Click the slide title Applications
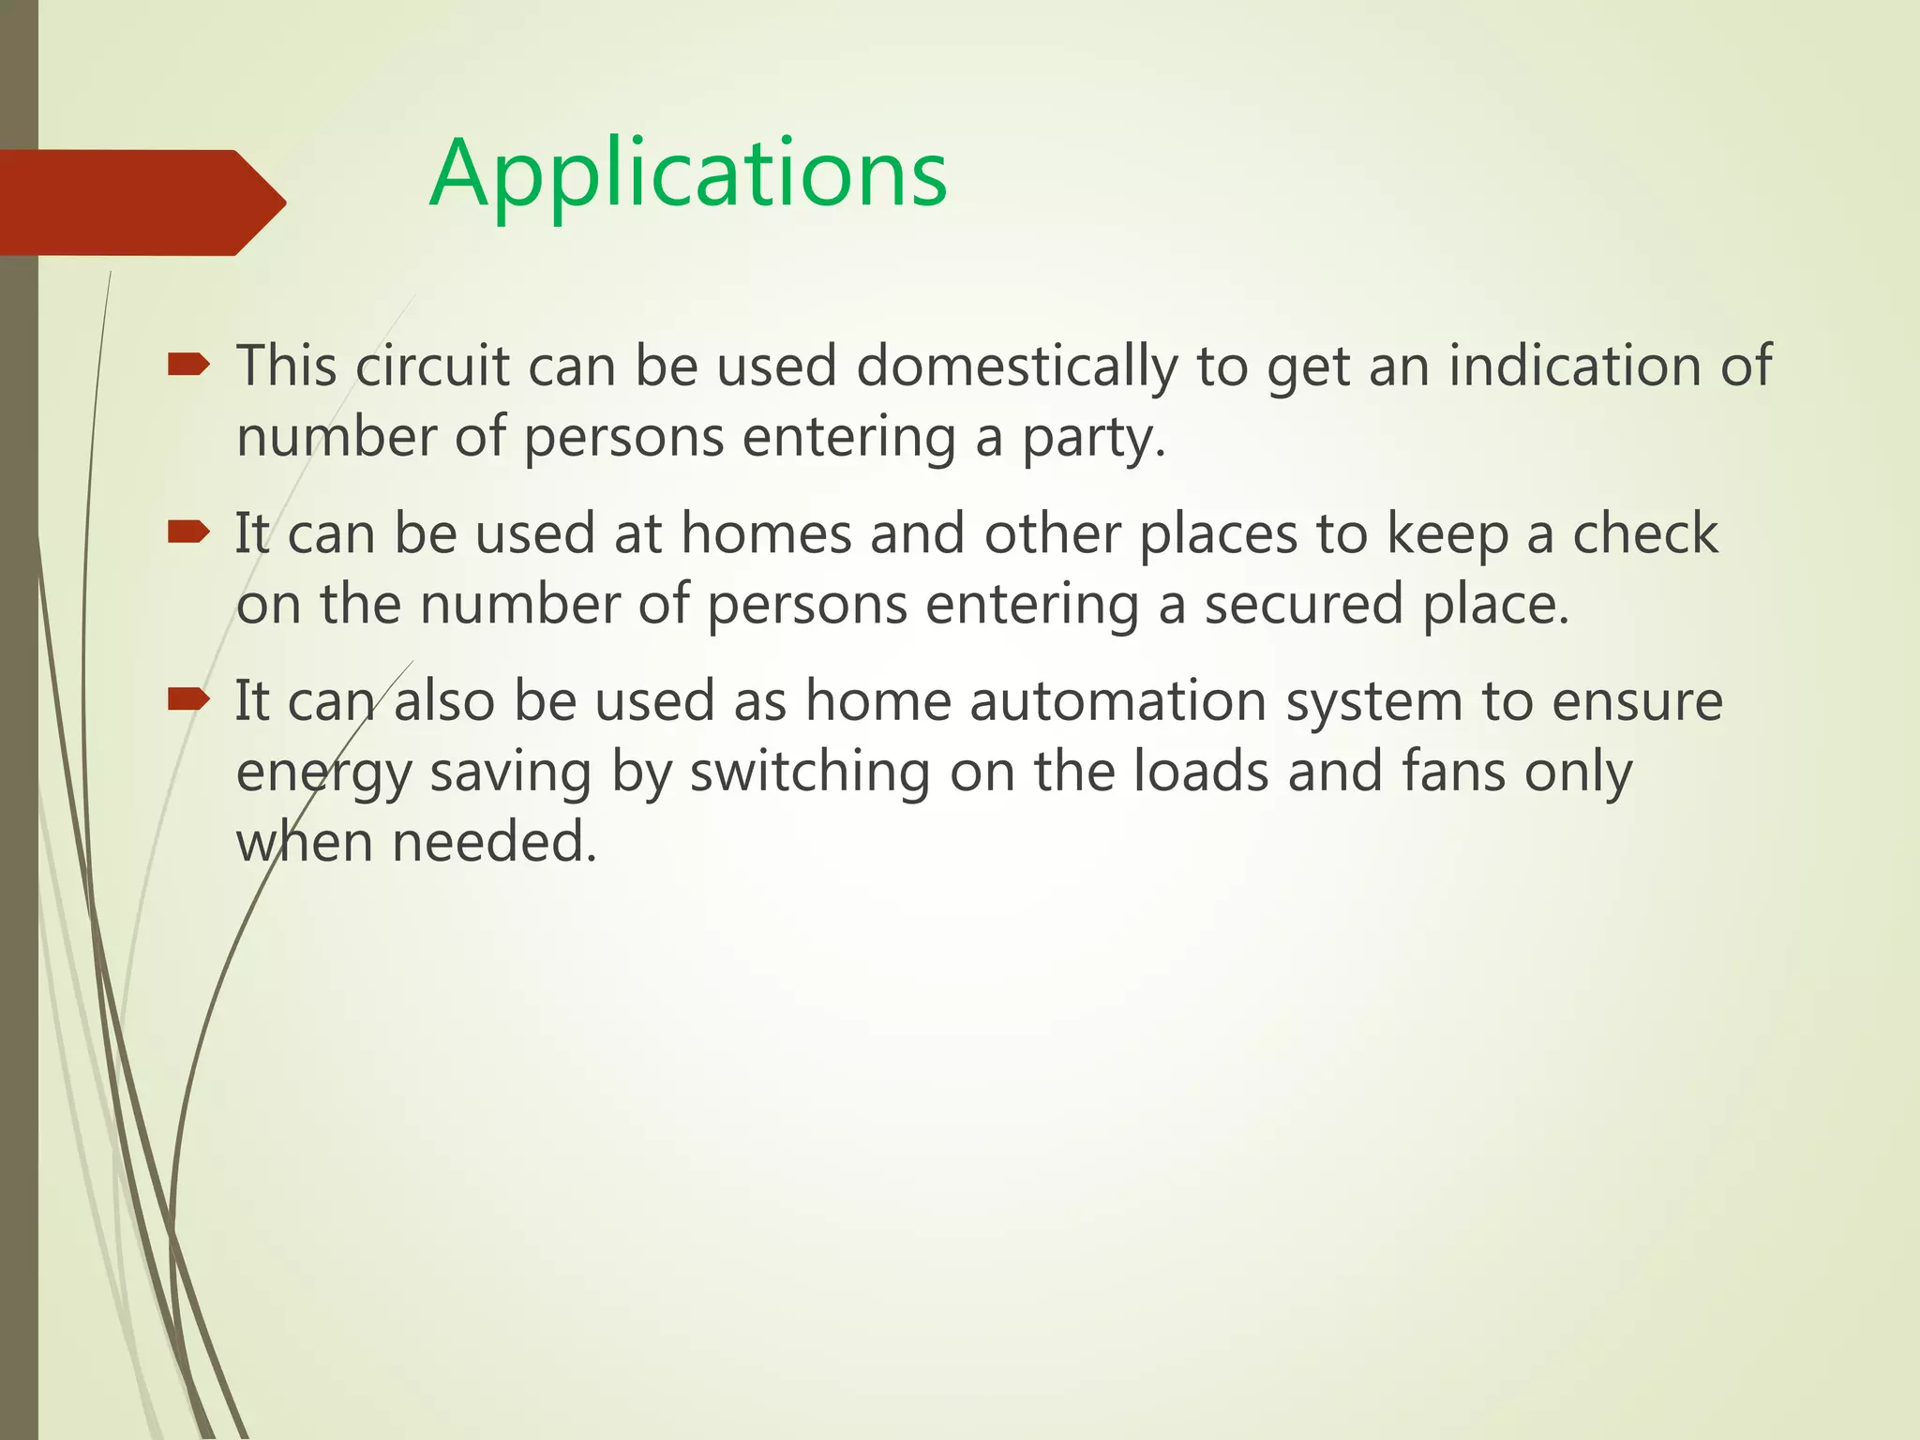click(x=688, y=175)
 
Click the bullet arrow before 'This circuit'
click(x=188, y=365)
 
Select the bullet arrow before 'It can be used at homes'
click(x=188, y=532)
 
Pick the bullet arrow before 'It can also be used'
click(x=188, y=698)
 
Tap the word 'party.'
click(x=1094, y=439)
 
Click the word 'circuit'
click(x=432, y=366)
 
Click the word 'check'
click(x=1644, y=533)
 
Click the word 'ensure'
click(x=1637, y=701)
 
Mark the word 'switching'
click(x=810, y=773)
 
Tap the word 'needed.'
click(x=494, y=842)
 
